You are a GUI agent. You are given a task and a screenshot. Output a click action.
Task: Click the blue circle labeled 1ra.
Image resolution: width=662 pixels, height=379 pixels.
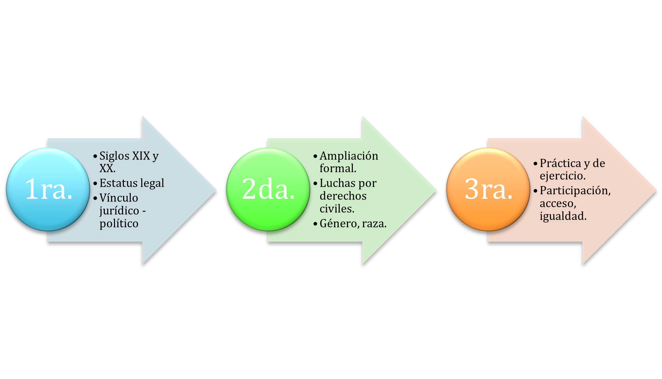[x=48, y=189]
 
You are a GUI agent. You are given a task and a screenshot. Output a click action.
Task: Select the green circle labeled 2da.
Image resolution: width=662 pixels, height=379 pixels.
[x=268, y=189]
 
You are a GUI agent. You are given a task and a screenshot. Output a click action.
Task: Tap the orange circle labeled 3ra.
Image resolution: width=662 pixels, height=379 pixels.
[x=488, y=189]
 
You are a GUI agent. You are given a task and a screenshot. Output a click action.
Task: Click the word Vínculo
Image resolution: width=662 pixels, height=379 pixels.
[x=119, y=198]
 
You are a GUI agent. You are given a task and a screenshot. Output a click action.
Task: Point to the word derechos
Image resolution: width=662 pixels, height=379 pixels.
[x=343, y=196]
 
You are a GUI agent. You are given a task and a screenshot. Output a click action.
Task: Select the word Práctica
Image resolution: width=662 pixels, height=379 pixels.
[x=560, y=163]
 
